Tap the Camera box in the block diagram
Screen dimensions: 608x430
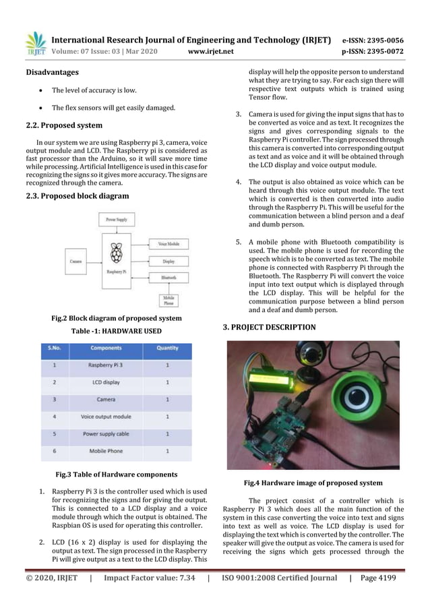pos(76,259)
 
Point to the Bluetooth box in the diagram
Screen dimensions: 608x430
pos(168,277)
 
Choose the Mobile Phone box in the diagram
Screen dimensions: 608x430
pos(168,301)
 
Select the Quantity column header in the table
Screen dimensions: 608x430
pos(166,348)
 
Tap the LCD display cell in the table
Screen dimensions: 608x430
pos(105,382)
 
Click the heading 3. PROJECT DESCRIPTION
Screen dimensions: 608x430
pos(269,327)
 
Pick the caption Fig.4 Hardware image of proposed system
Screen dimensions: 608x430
pos(313,483)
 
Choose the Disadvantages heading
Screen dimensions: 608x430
pos(52,72)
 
